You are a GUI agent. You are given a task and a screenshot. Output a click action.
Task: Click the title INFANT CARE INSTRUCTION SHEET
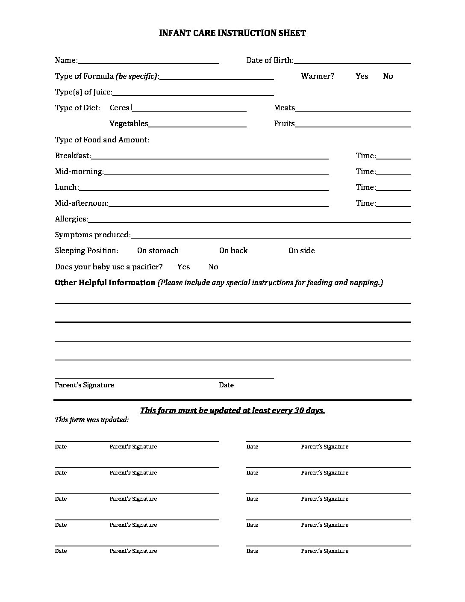point(232,33)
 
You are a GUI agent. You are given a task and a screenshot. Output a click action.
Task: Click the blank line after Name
point(148,61)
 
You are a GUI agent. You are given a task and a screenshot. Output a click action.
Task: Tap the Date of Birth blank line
point(352,61)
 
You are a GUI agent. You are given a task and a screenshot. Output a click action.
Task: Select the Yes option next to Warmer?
point(362,76)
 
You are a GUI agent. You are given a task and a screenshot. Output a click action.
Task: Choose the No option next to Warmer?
point(388,76)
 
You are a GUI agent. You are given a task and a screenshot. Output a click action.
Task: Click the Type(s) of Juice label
point(83,92)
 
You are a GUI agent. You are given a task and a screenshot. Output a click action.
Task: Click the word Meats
point(284,108)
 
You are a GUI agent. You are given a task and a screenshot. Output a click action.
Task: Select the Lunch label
point(67,187)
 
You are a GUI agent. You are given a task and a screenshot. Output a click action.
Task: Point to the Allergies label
point(71,219)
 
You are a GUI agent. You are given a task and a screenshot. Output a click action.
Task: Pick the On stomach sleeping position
point(158,251)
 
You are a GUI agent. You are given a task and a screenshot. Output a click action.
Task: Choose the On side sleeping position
point(301,251)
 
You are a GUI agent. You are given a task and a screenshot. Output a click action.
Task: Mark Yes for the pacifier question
point(183,267)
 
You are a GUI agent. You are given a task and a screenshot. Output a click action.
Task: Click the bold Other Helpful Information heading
point(105,283)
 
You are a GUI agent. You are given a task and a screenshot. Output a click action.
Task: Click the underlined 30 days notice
point(232,410)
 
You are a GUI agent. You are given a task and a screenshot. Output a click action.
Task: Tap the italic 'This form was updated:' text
point(91,420)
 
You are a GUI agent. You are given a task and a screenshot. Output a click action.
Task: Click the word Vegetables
point(129,124)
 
